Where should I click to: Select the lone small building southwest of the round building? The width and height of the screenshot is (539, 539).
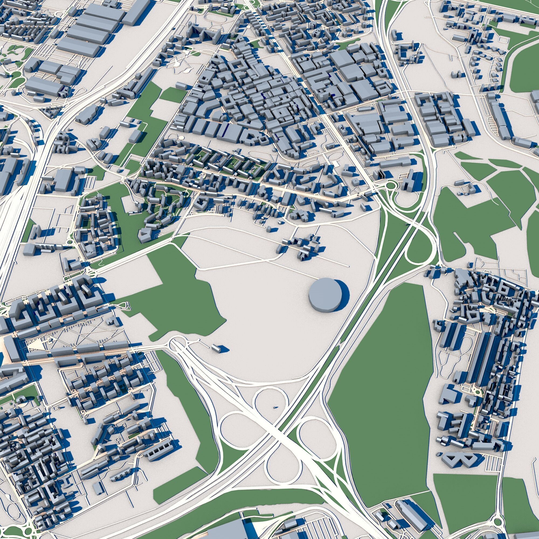[x=216, y=348]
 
